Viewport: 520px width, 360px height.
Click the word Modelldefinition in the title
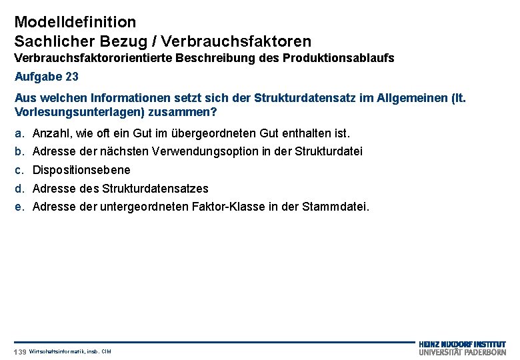pos(75,23)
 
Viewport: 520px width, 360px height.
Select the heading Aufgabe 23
pos(47,77)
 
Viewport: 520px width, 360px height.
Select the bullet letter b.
pos(19,151)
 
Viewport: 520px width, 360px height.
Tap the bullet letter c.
pos(19,170)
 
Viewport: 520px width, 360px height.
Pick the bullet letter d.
pos(19,189)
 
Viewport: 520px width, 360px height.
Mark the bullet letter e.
pos(19,207)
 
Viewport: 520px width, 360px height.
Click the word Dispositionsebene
pos(81,170)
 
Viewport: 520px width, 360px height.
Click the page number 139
pos(20,351)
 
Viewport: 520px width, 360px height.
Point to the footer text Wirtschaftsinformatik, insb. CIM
pos(70,351)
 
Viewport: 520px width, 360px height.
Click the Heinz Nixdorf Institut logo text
pos(462,345)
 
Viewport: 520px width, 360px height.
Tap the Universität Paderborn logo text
pos(462,352)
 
